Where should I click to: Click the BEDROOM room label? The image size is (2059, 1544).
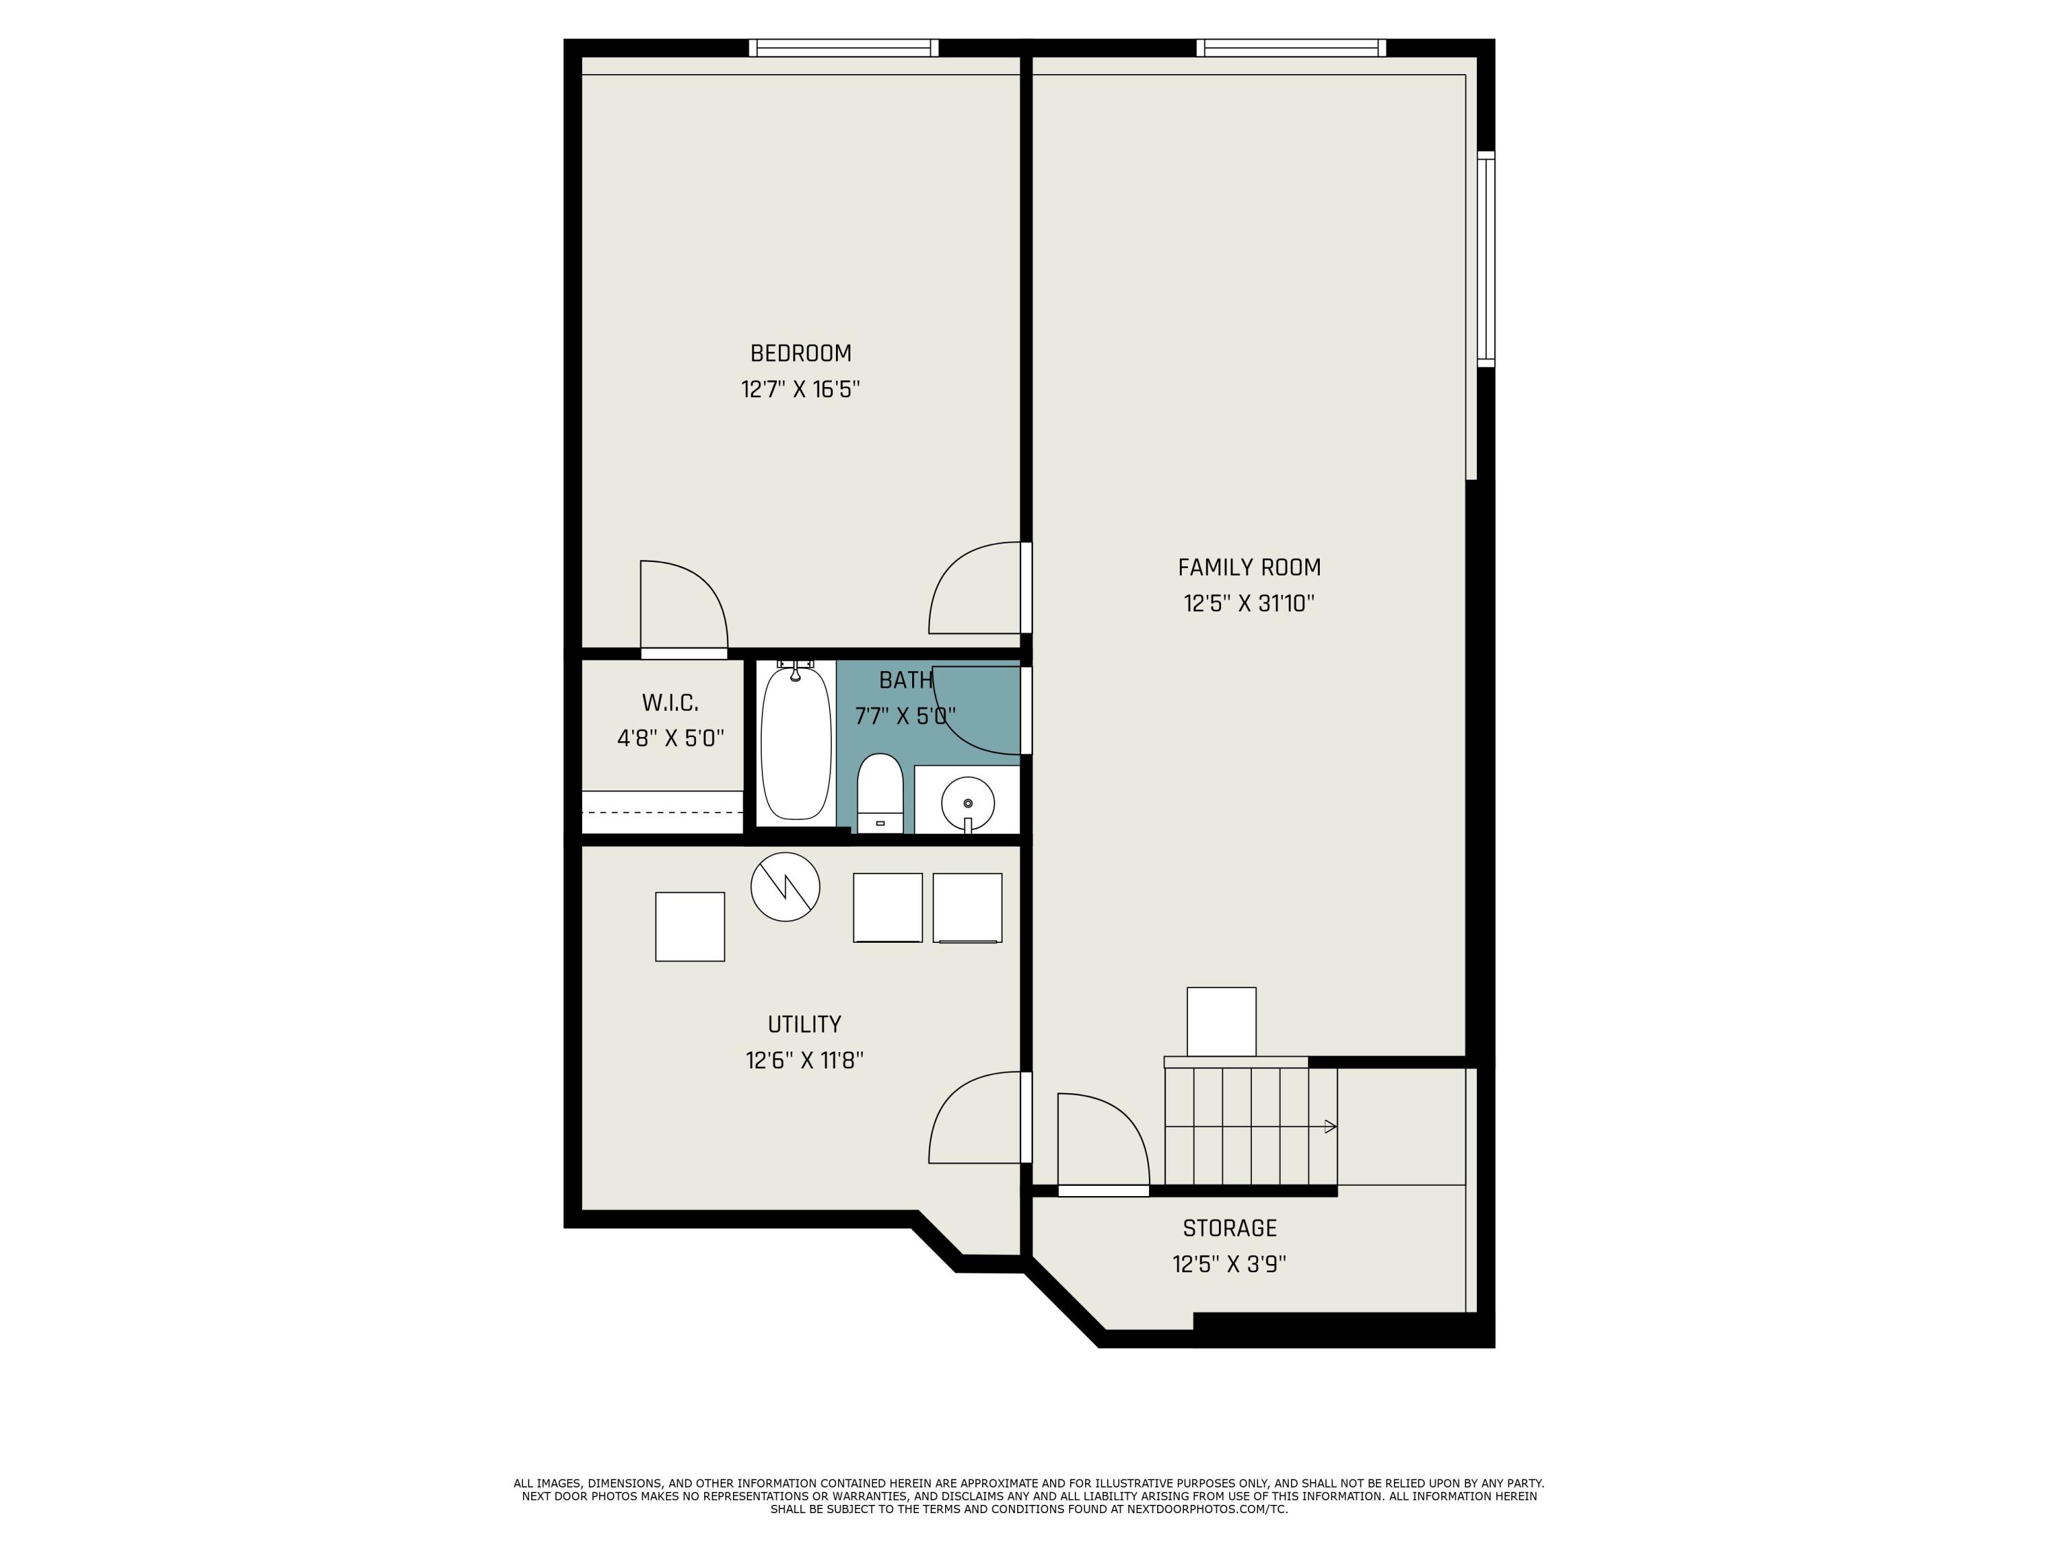pos(800,353)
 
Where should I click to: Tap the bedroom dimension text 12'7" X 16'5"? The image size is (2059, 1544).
pos(800,389)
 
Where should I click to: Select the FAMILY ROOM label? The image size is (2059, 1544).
pos(1248,568)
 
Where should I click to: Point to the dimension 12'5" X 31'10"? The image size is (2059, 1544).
pos(1248,604)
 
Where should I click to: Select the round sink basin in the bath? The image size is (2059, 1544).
pos(967,802)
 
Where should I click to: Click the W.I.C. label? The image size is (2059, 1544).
pos(670,703)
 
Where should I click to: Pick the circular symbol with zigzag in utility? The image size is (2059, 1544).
pos(784,887)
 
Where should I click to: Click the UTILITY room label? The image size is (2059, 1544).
pos(804,1025)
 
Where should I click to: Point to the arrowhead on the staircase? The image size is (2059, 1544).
pos(1330,1127)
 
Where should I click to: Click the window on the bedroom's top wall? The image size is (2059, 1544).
pos(844,47)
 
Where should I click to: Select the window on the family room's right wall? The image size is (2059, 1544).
pos(1486,259)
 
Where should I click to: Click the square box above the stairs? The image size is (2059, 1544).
pos(1220,1022)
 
